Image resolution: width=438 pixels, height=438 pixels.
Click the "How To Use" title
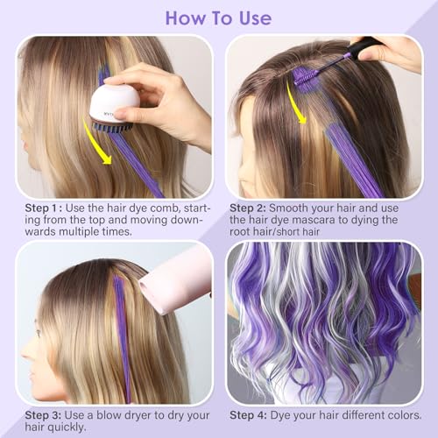pos(218,18)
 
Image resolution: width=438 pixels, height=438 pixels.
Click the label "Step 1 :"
pos(44,208)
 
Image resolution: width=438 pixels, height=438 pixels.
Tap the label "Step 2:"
pos(248,208)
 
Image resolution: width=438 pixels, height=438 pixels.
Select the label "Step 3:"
pos(43,415)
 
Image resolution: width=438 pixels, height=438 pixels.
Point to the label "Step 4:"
pos(248,415)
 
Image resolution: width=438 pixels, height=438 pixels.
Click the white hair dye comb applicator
pos(115,108)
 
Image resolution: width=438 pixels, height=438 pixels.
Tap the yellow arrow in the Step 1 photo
pos(96,143)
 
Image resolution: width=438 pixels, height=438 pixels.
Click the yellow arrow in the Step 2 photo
pos(295,103)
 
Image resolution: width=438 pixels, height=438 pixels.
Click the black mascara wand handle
pos(365,46)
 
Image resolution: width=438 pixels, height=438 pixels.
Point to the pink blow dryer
pos(175,283)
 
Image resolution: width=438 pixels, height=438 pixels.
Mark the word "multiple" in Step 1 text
pos(79,232)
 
